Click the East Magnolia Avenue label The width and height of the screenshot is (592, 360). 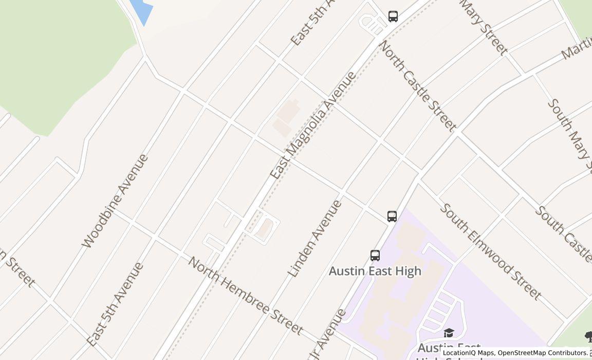point(313,125)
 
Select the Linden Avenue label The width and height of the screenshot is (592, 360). point(314,239)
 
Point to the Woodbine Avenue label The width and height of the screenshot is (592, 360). point(115,201)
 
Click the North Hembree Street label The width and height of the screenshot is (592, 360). point(245,295)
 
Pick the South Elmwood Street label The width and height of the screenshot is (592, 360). point(490,251)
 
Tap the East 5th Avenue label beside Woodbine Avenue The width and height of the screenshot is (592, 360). point(115,303)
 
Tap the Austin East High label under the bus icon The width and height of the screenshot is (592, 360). point(375,271)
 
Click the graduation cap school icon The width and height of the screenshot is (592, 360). point(449,333)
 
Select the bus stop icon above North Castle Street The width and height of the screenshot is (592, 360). point(393,16)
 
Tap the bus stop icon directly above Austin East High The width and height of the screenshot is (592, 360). point(375,255)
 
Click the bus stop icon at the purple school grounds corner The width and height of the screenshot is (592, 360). point(392,216)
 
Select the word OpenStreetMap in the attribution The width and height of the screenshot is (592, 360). point(523,353)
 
